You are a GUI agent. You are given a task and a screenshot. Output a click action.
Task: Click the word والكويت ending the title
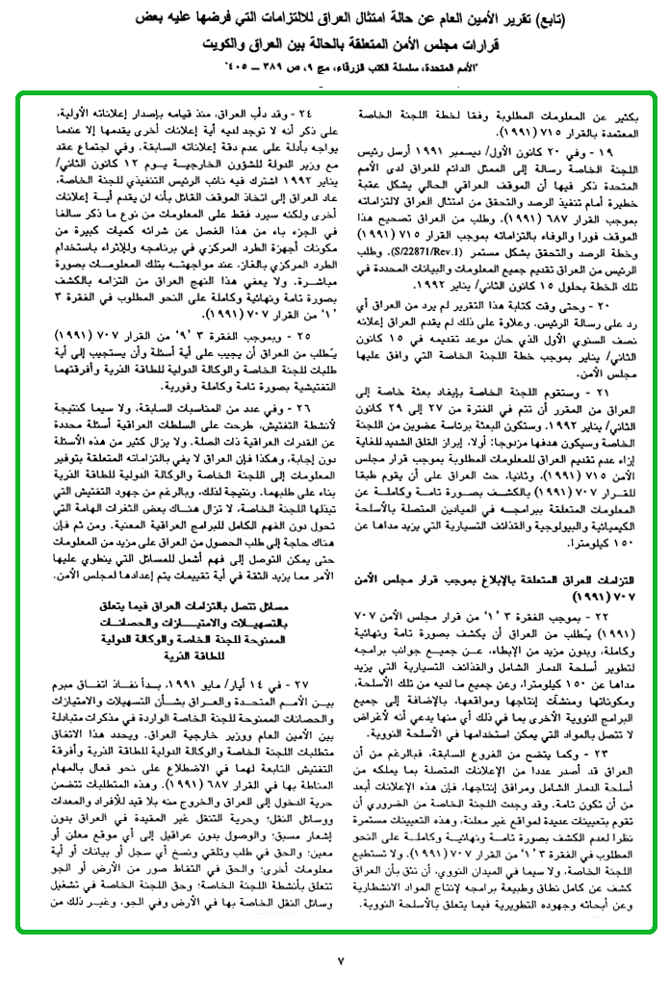coord(218,47)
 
